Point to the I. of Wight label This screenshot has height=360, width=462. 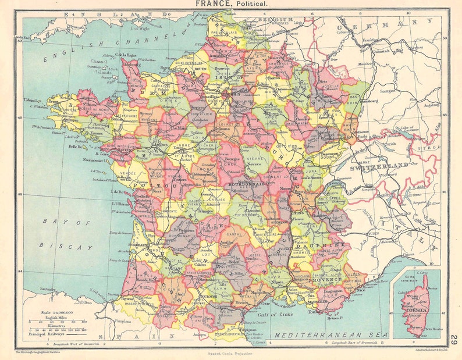tap(140, 27)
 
